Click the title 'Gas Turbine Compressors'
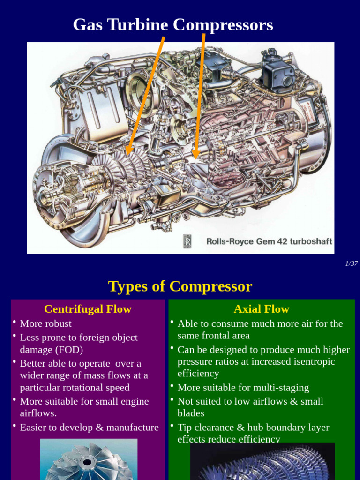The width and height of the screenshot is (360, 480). pyautogui.click(x=173, y=25)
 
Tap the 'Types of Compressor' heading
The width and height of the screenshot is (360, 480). pyautogui.click(x=180, y=286)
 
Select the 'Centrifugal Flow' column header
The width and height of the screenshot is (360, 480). pyautogui.click(x=88, y=309)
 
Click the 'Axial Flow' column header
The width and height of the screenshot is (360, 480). pyautogui.click(x=262, y=309)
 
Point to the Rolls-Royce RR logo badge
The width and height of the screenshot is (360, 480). pyautogui.click(x=187, y=241)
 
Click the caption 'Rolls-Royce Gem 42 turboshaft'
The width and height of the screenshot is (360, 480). pyautogui.click(x=269, y=241)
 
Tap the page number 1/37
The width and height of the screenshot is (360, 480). pyautogui.click(x=351, y=263)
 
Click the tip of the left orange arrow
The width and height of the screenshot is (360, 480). pyautogui.click(x=127, y=155)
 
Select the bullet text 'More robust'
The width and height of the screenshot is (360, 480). pyautogui.click(x=46, y=323)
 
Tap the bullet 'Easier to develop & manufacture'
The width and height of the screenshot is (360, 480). pyautogui.click(x=89, y=427)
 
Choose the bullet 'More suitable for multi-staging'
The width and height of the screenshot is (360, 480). pyautogui.click(x=243, y=387)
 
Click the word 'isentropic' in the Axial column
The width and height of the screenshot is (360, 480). pyautogui.click(x=326, y=361)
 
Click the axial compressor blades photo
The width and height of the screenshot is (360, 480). pyautogui.click(x=262, y=462)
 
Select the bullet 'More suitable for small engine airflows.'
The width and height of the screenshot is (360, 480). pyautogui.click(x=84, y=407)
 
